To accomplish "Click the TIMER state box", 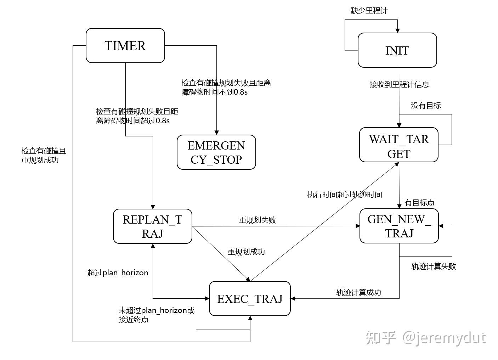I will coord(125,46).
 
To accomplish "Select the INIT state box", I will coord(397,50).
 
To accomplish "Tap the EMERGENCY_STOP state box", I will coord(216,152).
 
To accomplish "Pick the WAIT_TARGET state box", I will coord(399,145).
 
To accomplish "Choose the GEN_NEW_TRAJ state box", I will coord(399,226).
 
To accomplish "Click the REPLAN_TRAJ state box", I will coord(152,226).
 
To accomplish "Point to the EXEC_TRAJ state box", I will coord(250,299).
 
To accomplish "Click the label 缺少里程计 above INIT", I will coord(369,11).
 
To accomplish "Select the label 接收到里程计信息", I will coord(400,85).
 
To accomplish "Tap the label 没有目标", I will coord(426,106).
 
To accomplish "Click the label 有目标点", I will coord(420,203).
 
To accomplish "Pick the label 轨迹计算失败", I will coord(434,266).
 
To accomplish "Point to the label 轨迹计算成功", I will coord(358,292).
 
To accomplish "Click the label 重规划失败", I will coord(258,220).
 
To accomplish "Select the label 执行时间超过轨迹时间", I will coord(344,195).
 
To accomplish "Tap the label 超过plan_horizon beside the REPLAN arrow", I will coord(118,273).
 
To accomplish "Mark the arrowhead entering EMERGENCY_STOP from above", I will coord(216,132).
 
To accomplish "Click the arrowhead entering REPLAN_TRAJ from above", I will coord(153,206).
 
